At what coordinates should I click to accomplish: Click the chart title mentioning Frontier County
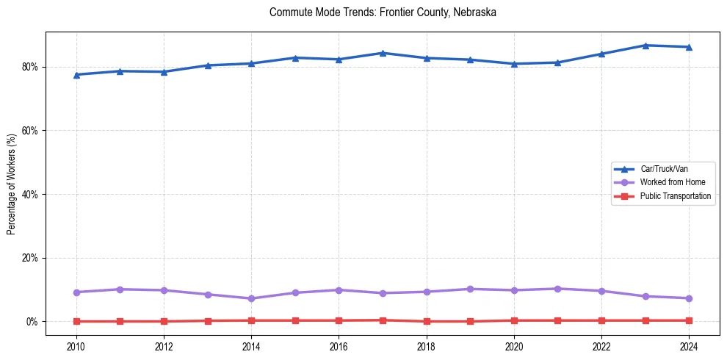pos(383,12)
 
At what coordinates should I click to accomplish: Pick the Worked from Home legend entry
pos(673,182)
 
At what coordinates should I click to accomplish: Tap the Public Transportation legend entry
pos(675,196)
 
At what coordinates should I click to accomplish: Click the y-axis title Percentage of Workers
pos(12,184)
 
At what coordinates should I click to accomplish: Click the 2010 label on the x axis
pos(76,346)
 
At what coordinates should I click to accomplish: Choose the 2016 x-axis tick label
pos(339,346)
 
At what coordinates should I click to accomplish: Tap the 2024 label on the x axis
pos(689,346)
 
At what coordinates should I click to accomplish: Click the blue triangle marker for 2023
pos(645,46)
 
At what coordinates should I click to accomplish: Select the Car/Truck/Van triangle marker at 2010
pos(76,74)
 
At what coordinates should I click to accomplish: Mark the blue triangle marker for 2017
pos(383,53)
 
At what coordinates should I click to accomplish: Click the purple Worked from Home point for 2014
pos(251,298)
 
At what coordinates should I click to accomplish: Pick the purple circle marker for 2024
pos(689,298)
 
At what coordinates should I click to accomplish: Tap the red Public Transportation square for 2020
pos(514,320)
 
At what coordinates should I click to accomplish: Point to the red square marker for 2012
pos(164,321)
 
